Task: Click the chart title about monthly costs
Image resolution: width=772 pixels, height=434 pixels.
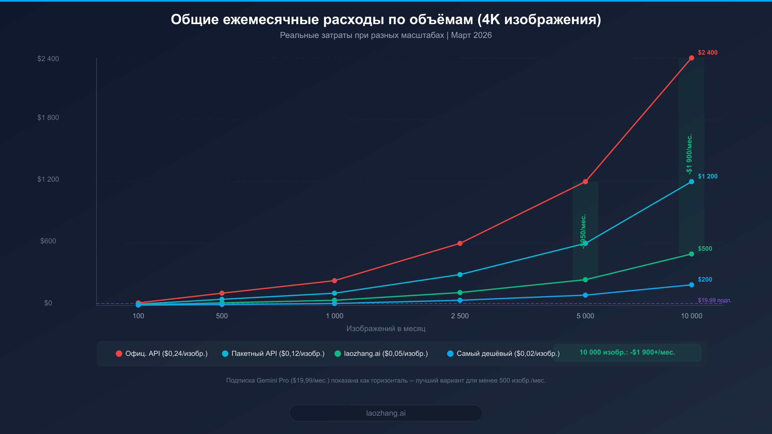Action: pos(386,20)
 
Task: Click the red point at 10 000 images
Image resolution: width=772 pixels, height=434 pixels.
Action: pos(691,58)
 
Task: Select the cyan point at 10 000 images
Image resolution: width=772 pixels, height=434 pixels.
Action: pos(691,182)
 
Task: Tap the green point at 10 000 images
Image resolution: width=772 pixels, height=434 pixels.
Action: pos(691,254)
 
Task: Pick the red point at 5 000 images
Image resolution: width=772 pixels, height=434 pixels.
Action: pos(585,182)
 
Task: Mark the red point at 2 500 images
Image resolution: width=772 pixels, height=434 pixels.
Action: pos(460,243)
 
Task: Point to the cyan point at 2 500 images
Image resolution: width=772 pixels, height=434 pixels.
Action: pos(460,275)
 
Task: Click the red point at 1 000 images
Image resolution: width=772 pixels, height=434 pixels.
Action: pos(334,281)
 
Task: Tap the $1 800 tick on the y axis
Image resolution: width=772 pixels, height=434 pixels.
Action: pos(48,118)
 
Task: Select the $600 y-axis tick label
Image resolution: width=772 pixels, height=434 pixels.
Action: pos(48,241)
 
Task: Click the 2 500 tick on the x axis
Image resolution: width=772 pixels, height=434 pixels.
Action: pos(460,316)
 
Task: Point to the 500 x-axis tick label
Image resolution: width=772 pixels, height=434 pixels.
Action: pos(222,316)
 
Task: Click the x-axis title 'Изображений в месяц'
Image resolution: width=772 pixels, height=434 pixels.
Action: pos(386,329)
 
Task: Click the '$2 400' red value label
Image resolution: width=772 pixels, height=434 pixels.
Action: pos(707,52)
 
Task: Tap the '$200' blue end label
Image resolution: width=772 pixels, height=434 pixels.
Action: pos(705,279)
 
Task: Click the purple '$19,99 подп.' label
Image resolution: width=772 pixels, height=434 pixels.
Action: pos(714,300)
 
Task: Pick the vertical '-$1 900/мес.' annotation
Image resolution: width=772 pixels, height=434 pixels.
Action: pos(689,154)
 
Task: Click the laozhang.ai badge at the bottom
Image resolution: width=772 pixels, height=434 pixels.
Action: pos(386,413)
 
